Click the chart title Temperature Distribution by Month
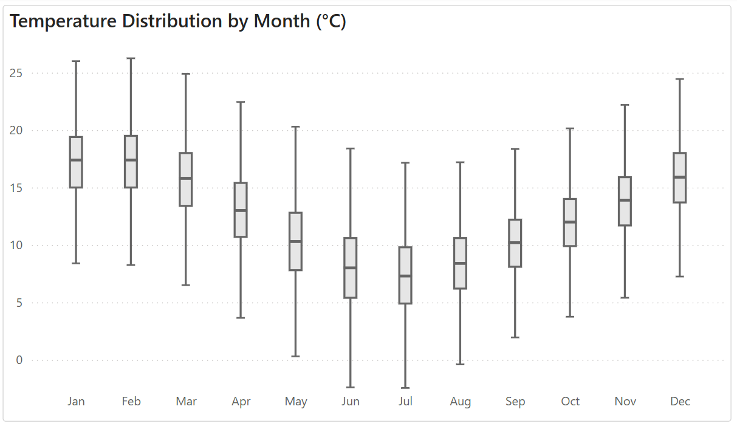click(178, 21)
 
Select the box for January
click(76, 162)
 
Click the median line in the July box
click(405, 276)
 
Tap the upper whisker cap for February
click(131, 58)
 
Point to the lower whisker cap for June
click(351, 387)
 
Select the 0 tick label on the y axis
click(19, 360)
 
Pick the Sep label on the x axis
click(515, 402)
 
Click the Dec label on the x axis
click(680, 402)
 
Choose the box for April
click(241, 210)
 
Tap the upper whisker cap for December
click(680, 79)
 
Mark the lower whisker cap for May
click(295, 356)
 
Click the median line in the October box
click(570, 222)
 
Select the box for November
click(625, 201)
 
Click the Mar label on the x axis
click(186, 402)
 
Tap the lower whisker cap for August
click(460, 364)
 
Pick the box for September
click(515, 243)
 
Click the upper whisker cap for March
click(186, 74)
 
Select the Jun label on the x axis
click(351, 402)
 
